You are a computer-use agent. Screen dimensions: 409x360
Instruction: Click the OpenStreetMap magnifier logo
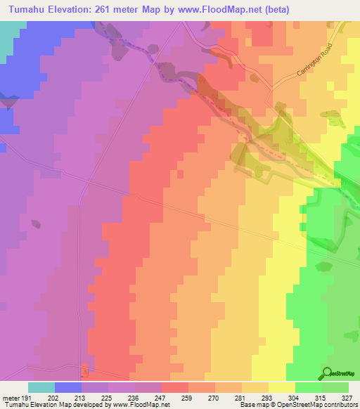[x=328, y=374]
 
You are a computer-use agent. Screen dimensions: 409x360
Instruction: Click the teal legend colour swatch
[x=41, y=387]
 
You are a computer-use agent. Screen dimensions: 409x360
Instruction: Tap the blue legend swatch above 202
[x=68, y=387]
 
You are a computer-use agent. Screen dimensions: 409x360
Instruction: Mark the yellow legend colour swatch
[x=282, y=387]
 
